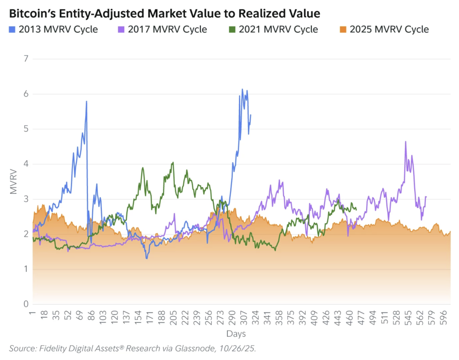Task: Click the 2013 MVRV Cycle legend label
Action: click(58, 30)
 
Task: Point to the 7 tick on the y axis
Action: click(26, 59)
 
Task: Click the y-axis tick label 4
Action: click(26, 164)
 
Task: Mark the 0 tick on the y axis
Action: click(26, 304)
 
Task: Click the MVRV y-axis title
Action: click(13, 181)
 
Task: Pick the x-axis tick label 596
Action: click(442, 316)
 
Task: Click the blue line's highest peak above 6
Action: click(242, 89)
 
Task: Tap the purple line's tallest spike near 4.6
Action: click(406, 142)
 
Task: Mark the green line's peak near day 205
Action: click(173, 163)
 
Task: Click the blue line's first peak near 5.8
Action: click(86, 102)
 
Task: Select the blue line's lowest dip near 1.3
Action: click(147, 258)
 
